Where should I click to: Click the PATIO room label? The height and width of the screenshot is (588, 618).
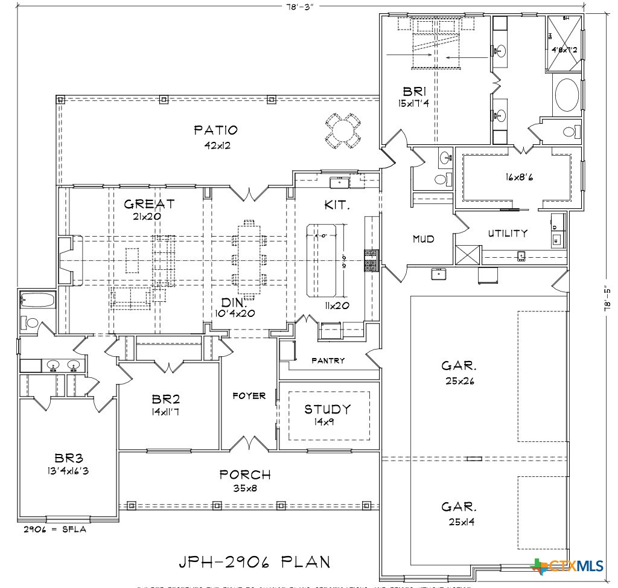click(215, 130)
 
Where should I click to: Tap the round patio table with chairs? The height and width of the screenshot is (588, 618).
click(342, 130)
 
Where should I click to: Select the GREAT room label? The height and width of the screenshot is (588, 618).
click(149, 204)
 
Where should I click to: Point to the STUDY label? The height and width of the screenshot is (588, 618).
click(327, 409)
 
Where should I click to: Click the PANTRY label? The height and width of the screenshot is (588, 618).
click(328, 360)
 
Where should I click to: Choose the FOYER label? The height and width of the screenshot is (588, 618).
click(249, 396)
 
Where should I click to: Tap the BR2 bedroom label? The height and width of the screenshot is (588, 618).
click(166, 400)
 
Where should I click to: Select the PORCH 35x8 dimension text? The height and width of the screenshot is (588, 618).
click(245, 488)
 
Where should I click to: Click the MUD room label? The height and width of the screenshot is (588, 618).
click(423, 239)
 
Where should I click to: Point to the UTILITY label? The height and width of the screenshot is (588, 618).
click(508, 233)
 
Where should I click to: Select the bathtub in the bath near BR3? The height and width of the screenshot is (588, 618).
click(37, 300)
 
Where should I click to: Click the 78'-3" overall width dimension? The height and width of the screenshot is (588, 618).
click(300, 5)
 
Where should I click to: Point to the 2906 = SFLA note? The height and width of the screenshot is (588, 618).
click(55, 529)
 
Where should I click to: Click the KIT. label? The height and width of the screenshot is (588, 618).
click(337, 205)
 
